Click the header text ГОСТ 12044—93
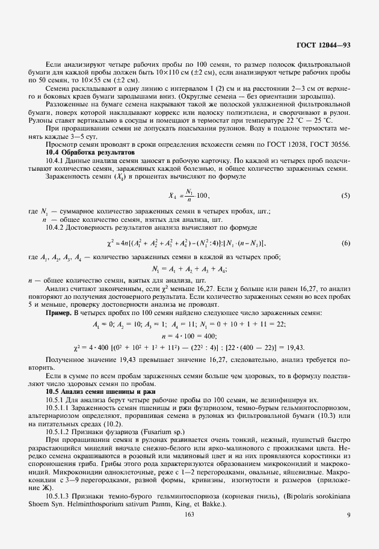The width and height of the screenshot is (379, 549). pos(324,44)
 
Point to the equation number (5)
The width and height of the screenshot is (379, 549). pos(346,197)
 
